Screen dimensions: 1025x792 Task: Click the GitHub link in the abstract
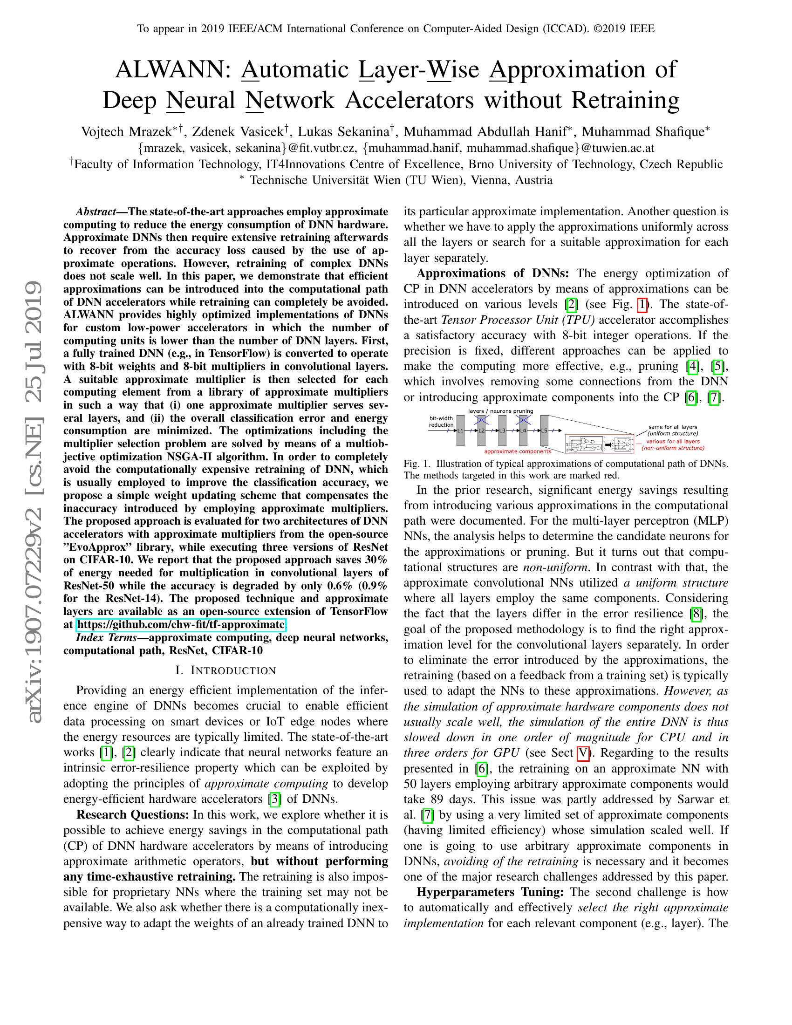[181, 625]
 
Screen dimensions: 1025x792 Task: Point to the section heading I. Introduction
[225, 670]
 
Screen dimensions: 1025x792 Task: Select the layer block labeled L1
[460, 430]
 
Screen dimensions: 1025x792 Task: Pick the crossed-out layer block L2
[481, 430]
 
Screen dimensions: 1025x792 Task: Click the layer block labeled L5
[544, 430]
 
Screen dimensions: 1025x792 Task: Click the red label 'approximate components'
[518, 451]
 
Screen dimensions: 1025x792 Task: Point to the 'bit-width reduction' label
[441, 422]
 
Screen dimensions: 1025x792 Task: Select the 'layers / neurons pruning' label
[501, 411]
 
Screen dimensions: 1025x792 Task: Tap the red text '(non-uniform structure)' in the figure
[673, 448]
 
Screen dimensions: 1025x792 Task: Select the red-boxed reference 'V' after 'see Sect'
[582, 753]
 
